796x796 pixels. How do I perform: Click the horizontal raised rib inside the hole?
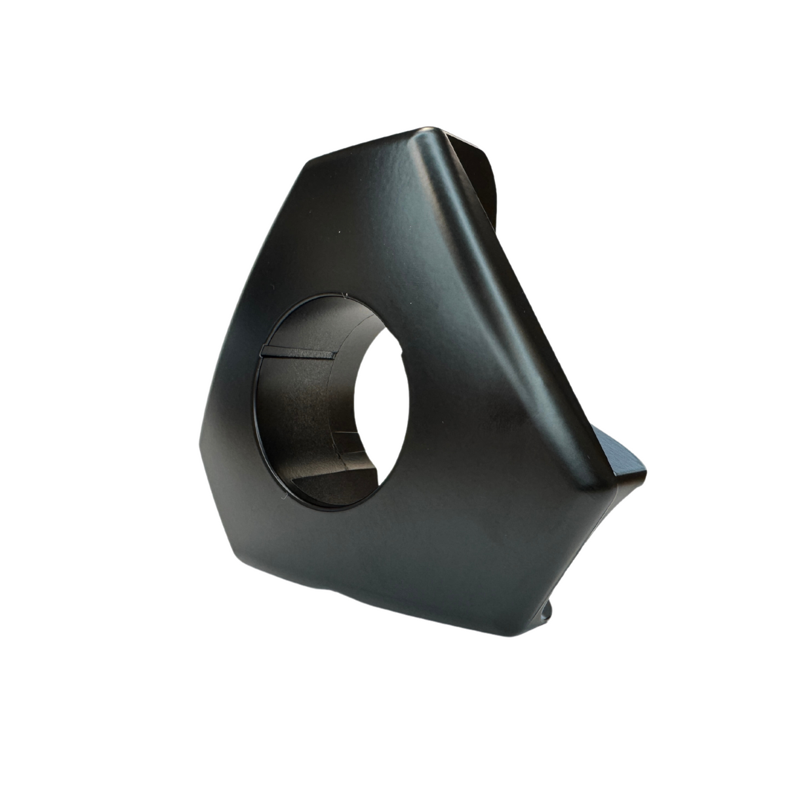click(298, 353)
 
